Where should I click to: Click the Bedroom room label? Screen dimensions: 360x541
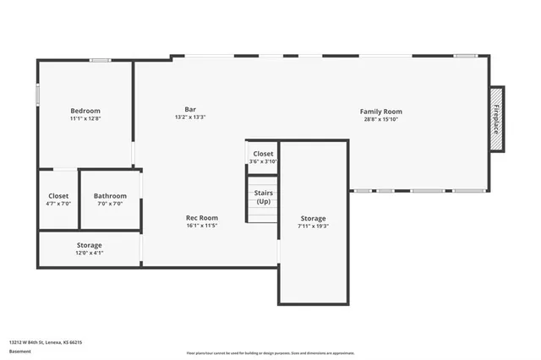[85, 111]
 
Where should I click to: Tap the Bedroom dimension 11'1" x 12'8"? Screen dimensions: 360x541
[85, 119]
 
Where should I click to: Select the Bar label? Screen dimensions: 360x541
[190, 108]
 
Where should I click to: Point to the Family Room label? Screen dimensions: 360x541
[380, 111]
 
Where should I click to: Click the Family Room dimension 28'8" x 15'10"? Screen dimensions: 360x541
[380, 119]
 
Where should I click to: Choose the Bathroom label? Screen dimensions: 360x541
[110, 195]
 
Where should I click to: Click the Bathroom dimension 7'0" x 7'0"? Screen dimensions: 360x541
[110, 204]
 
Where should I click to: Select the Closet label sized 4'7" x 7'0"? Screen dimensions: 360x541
[58, 195]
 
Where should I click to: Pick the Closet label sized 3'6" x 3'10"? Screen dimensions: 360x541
[263, 154]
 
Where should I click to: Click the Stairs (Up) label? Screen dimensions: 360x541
[263, 197]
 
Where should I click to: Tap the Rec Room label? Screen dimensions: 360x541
[202, 217]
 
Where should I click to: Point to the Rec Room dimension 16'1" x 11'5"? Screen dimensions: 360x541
[202, 226]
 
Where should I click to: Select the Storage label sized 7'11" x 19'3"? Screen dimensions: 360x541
[312, 218]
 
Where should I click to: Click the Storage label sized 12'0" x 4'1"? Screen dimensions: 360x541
[89, 245]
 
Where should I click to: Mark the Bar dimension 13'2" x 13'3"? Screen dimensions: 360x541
[190, 117]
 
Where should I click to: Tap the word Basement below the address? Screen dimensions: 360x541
[19, 351]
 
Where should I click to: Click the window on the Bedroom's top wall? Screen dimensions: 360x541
[101, 60]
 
